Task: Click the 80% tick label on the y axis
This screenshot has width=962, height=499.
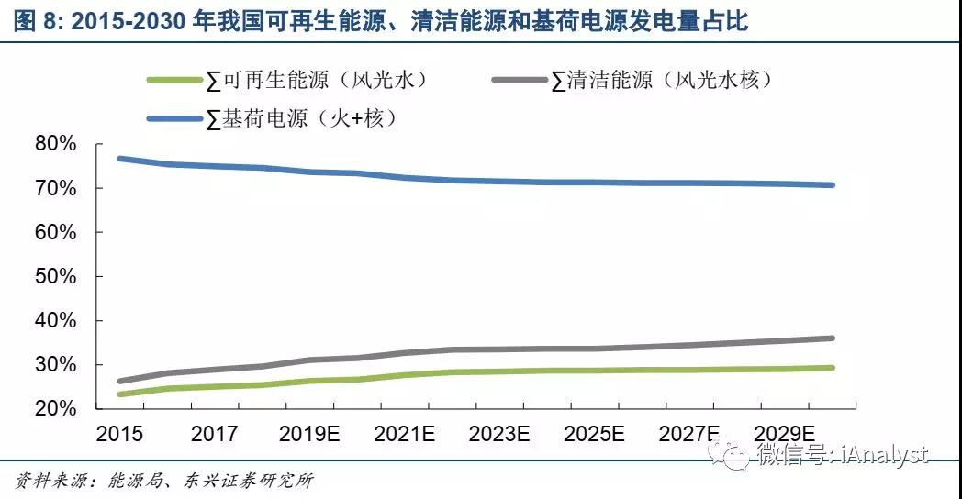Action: point(54,144)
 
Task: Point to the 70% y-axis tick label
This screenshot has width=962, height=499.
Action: point(54,188)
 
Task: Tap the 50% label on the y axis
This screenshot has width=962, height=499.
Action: point(54,276)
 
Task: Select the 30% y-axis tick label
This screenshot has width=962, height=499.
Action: point(54,365)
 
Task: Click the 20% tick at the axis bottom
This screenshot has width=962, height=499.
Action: point(54,409)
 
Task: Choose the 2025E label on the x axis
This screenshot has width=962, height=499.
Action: point(595,434)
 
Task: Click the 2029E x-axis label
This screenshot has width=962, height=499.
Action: point(785,434)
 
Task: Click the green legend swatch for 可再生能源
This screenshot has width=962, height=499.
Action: point(173,81)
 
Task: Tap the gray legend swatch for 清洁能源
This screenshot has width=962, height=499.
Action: point(520,81)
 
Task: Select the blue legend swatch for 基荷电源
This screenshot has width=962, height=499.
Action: point(173,118)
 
